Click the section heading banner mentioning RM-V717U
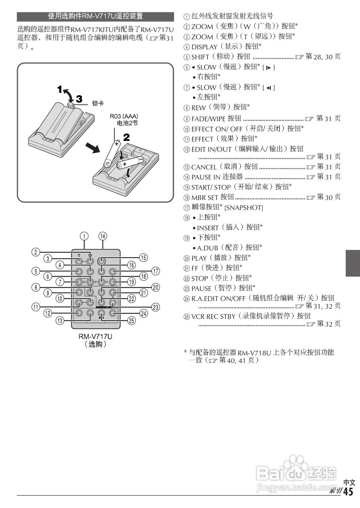pos(95,17)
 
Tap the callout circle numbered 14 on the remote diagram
pos(103,236)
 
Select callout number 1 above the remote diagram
pos(84,236)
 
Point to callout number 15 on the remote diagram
pos(143,258)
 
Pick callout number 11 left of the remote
pos(37,306)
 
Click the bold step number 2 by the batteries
pos(127,138)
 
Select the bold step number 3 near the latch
pos(79,99)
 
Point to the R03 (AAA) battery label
pos(124,117)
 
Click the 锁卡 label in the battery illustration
pos(98,103)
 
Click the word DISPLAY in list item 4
pos(204,47)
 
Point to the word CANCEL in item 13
pos(204,167)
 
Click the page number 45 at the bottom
pos(348,492)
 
